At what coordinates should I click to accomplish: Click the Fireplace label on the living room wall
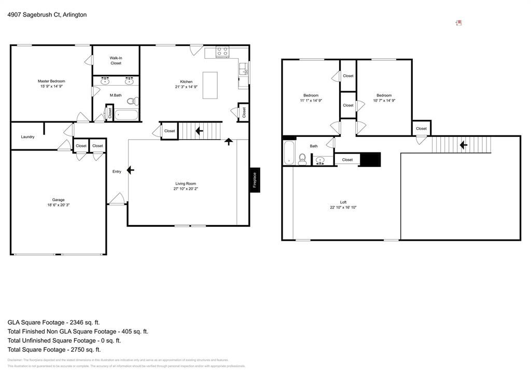pos(255,180)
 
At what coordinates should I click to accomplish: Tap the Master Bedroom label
pos(51,81)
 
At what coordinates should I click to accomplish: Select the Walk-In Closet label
pos(116,60)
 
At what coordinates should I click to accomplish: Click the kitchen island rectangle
pos(210,85)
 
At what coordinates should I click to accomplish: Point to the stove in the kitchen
pos(222,51)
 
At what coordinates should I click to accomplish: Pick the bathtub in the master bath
pos(127,114)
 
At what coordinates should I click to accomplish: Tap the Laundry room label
pos(27,137)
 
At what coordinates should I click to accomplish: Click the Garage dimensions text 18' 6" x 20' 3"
pos(58,205)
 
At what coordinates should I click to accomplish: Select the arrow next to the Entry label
pos(130,170)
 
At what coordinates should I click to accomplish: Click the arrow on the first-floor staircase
pos(199,131)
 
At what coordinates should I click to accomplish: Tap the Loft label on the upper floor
pos(343,202)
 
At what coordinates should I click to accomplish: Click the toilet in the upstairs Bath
pos(303,159)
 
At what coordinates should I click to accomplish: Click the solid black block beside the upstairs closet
pos(370,160)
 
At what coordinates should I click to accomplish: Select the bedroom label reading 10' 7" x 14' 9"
pos(384,101)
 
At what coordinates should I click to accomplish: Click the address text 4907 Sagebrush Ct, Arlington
pos(47,15)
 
